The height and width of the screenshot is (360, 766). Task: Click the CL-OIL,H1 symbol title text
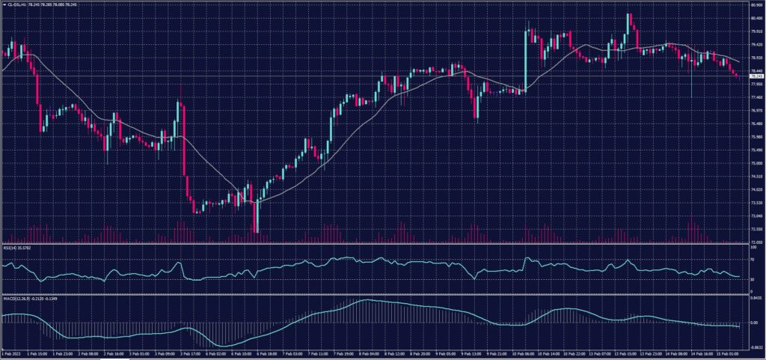click(16, 4)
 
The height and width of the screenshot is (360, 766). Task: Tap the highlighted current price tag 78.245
click(756, 76)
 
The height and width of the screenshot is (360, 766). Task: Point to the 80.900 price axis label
click(756, 5)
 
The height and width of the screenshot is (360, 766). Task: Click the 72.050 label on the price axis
click(756, 242)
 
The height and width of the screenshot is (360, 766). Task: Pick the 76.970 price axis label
click(756, 111)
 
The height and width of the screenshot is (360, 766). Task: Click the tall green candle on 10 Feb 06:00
click(526, 60)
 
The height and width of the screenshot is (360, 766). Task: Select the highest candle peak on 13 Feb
click(629, 15)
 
